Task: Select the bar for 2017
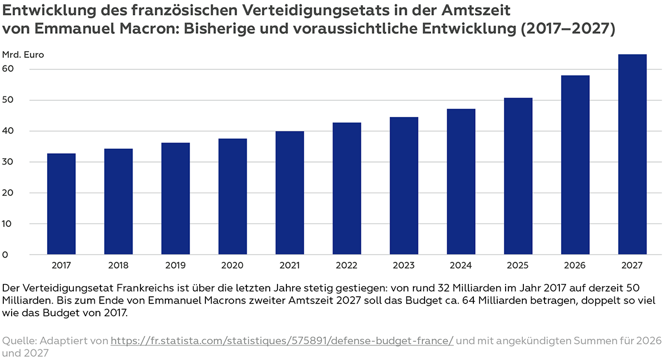pyautogui.click(x=61, y=204)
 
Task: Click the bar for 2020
pyautogui.click(x=233, y=196)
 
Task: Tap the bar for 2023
pyautogui.click(x=403, y=186)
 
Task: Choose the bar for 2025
pyautogui.click(x=518, y=176)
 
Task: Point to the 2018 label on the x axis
pyautogui.click(x=118, y=266)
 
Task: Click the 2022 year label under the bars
pyautogui.click(x=347, y=266)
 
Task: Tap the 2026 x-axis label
pyautogui.click(x=575, y=266)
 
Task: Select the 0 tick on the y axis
pyautogui.click(x=5, y=255)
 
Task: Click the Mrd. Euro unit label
pyautogui.click(x=23, y=55)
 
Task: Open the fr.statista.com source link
pyautogui.click(x=282, y=340)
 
